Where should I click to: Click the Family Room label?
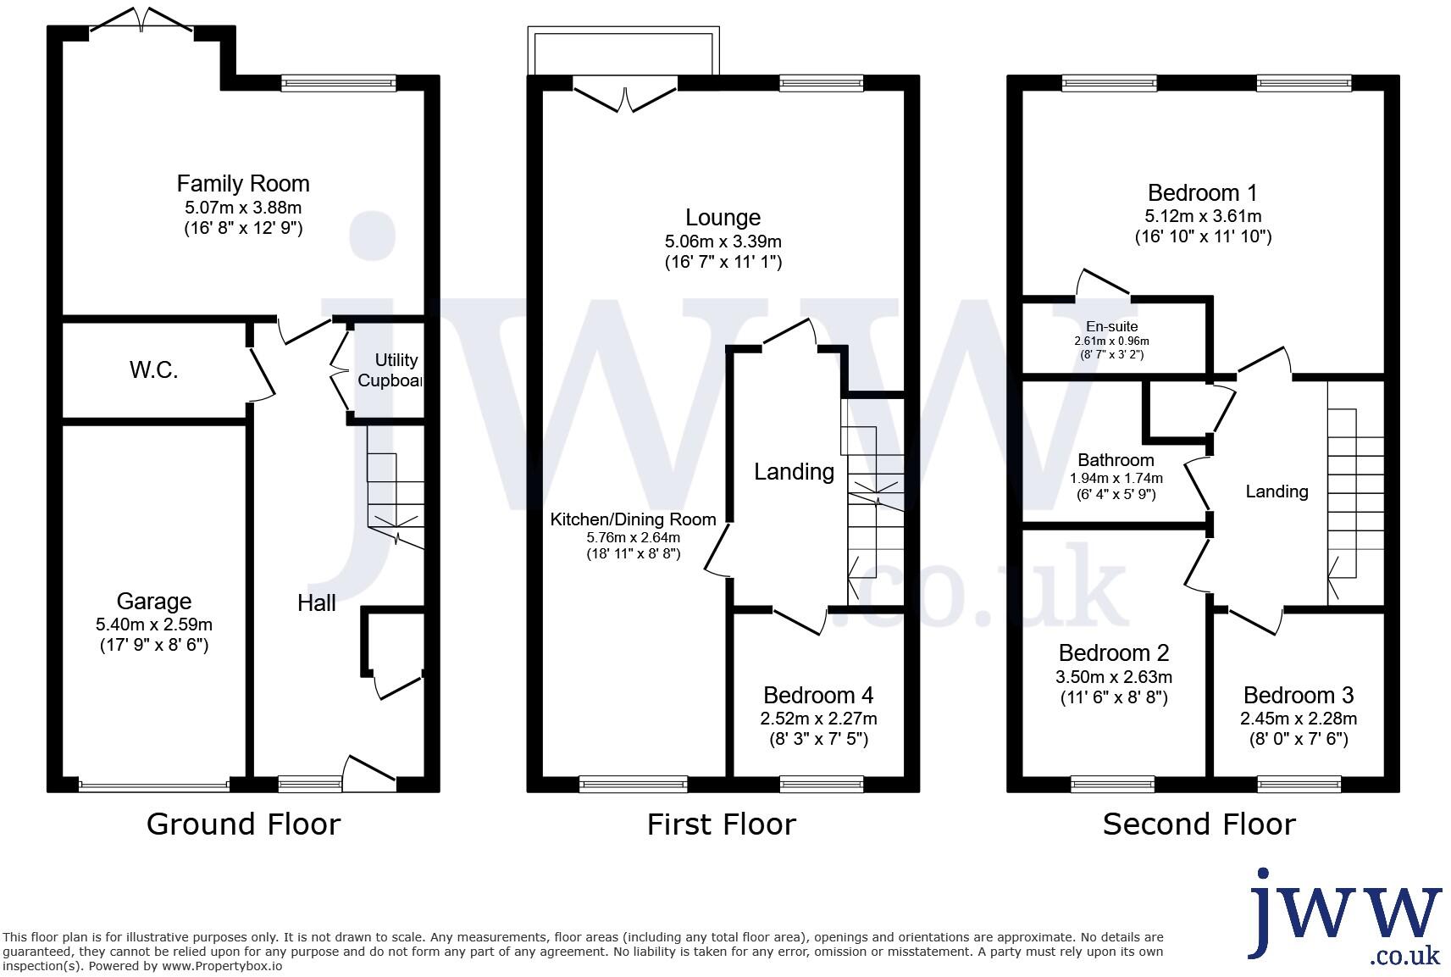pos(243,183)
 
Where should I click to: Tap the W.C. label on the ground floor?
pos(153,369)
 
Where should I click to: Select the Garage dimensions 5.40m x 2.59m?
pos(154,625)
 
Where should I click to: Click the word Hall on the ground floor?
pos(316,603)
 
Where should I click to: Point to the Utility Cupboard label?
pos(390,370)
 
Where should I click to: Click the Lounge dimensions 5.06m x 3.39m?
pos(723,241)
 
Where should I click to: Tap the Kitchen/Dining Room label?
pos(633,519)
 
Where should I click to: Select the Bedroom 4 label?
pos(817,696)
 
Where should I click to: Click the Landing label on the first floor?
pos(794,472)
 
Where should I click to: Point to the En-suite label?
pos(1111,326)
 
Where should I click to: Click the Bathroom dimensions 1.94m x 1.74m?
pos(1116,478)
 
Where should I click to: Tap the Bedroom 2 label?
pos(1113,653)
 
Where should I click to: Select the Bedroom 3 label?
pos(1298,696)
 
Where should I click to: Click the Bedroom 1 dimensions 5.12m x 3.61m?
pos(1202,216)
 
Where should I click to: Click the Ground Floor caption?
pos(243,824)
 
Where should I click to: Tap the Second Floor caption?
pos(1199,824)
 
